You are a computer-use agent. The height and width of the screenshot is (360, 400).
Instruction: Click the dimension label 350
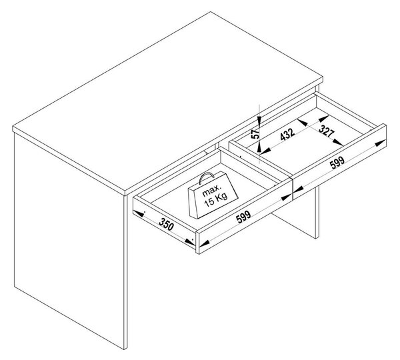pyautogui.click(x=166, y=225)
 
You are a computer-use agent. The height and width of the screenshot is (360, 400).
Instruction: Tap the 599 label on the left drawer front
pyautogui.click(x=243, y=217)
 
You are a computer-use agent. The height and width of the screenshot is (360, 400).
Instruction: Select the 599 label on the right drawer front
pyautogui.click(x=337, y=163)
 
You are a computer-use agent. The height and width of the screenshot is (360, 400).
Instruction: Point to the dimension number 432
pyautogui.click(x=287, y=134)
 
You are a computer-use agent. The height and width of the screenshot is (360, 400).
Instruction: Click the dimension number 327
pyautogui.click(x=326, y=131)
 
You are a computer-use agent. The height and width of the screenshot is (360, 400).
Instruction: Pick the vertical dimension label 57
pyautogui.click(x=255, y=133)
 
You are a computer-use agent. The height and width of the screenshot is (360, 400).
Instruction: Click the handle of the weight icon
pyautogui.click(x=207, y=177)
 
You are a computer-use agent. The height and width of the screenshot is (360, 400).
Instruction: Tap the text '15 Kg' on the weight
pyautogui.click(x=216, y=199)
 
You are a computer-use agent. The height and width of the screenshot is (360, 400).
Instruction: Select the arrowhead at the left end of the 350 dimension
pyautogui.click(x=139, y=213)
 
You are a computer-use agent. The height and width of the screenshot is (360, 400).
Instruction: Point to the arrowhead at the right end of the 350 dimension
pyautogui.click(x=189, y=241)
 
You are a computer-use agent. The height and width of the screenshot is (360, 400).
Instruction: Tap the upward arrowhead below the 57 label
pyautogui.click(x=259, y=148)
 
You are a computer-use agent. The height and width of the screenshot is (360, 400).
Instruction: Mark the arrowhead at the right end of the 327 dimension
pyautogui.click(x=338, y=142)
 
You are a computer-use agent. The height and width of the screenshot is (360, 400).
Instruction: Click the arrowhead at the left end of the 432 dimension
pyautogui.click(x=266, y=151)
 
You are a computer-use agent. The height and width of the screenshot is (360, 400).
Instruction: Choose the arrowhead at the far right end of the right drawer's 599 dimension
pyautogui.click(x=380, y=143)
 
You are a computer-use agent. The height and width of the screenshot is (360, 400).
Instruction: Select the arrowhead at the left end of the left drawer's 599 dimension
pyautogui.click(x=204, y=243)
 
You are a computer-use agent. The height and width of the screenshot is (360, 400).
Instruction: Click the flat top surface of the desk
pyautogui.click(x=166, y=102)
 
